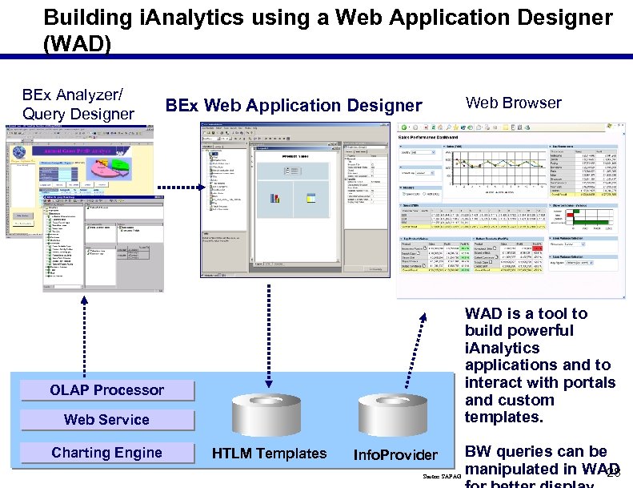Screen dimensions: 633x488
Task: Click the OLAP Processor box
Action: coord(106,390)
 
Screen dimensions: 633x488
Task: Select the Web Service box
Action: coord(106,420)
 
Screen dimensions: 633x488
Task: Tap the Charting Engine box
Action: coord(106,453)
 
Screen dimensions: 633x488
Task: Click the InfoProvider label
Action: coord(395,455)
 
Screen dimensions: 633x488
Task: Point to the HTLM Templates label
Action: coord(269,454)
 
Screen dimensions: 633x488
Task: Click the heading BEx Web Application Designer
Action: coord(293,106)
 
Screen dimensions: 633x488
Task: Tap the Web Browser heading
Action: coord(513,103)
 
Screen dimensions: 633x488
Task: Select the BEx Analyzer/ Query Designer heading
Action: coord(78,104)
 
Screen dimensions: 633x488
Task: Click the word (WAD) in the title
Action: coord(78,43)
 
